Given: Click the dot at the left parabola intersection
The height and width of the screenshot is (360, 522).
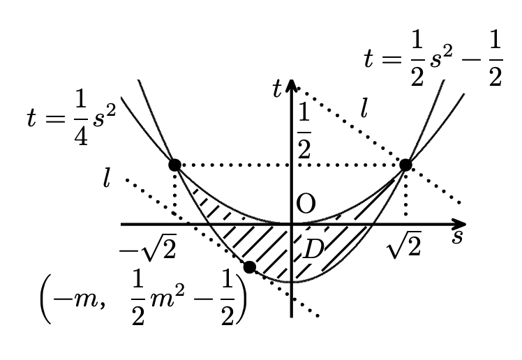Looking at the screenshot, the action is (x=174, y=165).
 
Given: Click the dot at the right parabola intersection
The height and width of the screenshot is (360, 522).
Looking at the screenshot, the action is (x=405, y=165).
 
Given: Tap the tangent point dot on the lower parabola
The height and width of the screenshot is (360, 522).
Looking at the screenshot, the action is (x=250, y=267).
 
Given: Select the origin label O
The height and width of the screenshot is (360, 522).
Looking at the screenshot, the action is (x=306, y=204).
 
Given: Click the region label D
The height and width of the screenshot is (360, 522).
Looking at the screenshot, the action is (x=313, y=249).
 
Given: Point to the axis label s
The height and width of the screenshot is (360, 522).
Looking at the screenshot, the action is (x=457, y=237).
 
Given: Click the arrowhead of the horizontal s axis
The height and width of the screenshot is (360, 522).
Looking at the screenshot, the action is (x=460, y=224).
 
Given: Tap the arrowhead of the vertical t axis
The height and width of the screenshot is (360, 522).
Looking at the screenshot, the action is (x=291, y=86).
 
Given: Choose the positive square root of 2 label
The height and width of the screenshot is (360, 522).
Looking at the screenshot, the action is (x=404, y=245).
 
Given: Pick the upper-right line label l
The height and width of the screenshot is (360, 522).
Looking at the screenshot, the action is (x=364, y=108).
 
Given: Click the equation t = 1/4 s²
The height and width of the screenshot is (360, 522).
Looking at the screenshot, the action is (x=71, y=119).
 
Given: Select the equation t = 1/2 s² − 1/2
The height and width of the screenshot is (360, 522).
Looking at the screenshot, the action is (x=433, y=60).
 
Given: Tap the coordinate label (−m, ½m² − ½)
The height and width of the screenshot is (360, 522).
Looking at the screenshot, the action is (x=144, y=299).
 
